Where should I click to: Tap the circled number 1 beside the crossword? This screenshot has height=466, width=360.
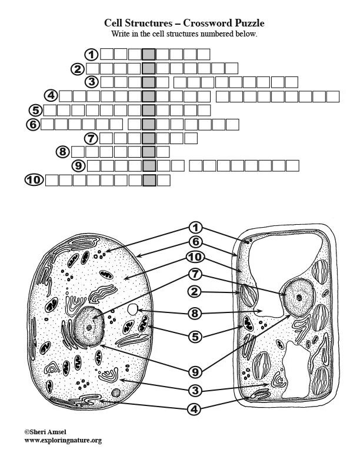pos(91,55)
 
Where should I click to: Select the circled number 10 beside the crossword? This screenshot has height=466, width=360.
pos(35,180)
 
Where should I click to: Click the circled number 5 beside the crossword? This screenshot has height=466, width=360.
pos(36,110)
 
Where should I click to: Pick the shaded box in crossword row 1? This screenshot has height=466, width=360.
pos(149,55)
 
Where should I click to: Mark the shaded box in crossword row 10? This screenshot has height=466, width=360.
pos(149,180)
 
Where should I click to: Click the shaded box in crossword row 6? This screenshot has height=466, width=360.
pos(149,124)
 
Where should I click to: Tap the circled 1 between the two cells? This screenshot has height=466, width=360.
pos(196,228)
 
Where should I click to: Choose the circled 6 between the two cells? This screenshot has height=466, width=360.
pos(196,242)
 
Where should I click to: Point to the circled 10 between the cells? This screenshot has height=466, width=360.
pos(196,257)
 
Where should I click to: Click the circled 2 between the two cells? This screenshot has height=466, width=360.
pos(196,290)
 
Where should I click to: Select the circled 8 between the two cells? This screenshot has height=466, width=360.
pos(196,314)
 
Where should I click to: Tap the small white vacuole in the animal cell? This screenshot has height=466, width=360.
pos(134,309)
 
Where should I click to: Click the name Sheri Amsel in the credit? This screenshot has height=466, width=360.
pos(48,432)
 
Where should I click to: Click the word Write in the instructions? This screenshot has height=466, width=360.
pos(121,34)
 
